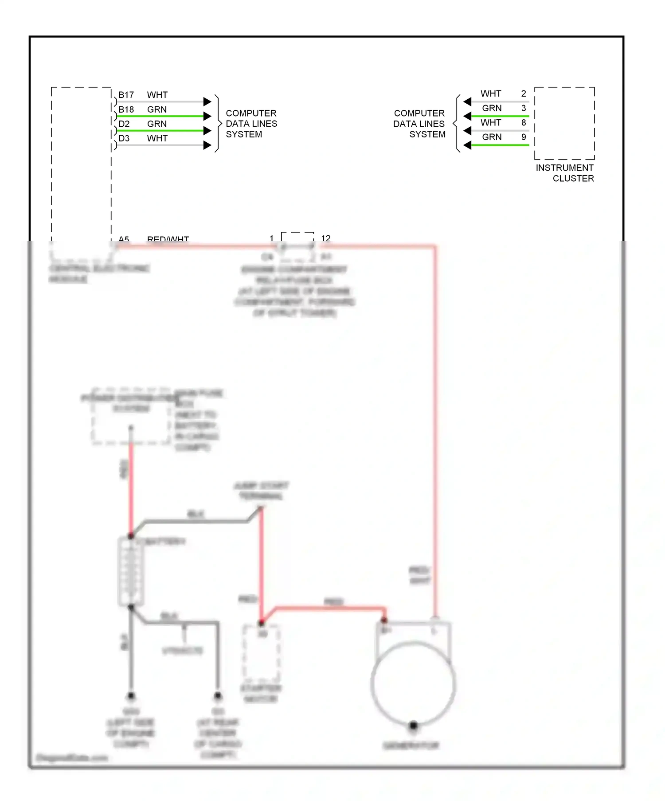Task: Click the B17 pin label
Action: pyautogui.click(x=126, y=95)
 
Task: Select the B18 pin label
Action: pyautogui.click(x=126, y=109)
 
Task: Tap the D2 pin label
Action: pyautogui.click(x=124, y=124)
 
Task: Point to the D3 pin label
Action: pyautogui.click(x=124, y=138)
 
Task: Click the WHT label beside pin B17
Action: pyautogui.click(x=157, y=95)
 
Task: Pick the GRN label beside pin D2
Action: pyautogui.click(x=157, y=124)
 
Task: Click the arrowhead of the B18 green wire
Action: pyautogui.click(x=207, y=116)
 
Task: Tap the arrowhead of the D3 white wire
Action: pyautogui.click(x=207, y=145)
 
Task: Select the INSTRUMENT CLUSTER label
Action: pyautogui.click(x=565, y=173)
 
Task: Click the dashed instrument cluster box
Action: pyautogui.click(x=564, y=123)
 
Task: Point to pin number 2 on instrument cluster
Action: pyautogui.click(x=524, y=94)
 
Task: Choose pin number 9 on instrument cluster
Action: pyautogui.click(x=524, y=137)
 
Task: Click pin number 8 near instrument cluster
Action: pyautogui.click(x=524, y=123)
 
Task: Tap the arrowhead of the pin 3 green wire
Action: pyautogui.click(x=467, y=116)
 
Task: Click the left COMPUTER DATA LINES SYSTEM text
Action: pyautogui.click(x=251, y=124)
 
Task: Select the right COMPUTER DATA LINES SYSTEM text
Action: pyautogui.click(x=419, y=124)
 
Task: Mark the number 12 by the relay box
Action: pyautogui.click(x=326, y=238)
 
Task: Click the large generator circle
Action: pyautogui.click(x=413, y=683)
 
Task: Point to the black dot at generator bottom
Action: pyautogui.click(x=413, y=726)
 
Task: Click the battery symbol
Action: pyautogui.click(x=131, y=572)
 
